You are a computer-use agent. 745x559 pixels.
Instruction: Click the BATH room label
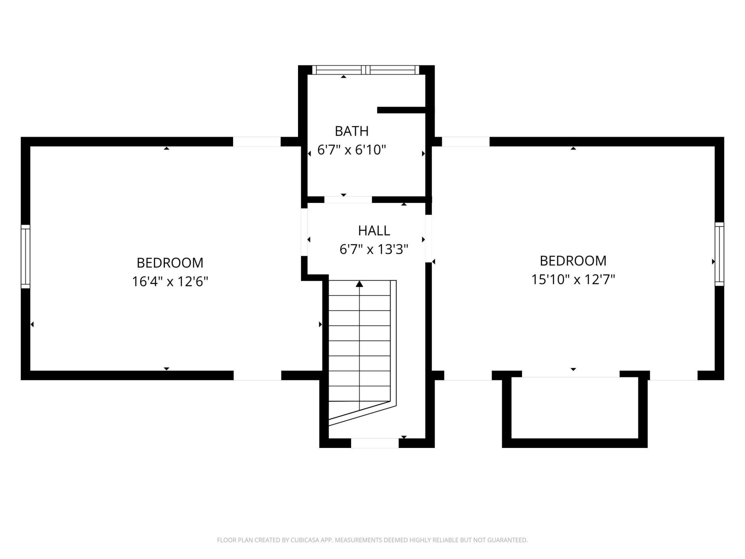352,131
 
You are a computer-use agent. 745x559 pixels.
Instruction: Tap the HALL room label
374,231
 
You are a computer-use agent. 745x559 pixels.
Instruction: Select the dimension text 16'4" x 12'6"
170,281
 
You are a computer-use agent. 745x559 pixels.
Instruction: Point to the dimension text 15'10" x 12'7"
573,279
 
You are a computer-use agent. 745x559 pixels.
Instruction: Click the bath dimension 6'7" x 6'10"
352,149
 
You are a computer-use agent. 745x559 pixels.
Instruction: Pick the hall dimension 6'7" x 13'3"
374,249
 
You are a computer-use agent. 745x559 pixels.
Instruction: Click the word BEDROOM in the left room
170,263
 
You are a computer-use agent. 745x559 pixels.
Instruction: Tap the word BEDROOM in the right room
573,260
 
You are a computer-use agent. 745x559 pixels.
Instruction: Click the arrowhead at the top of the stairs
359,284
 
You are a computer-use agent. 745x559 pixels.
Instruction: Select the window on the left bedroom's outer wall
26,256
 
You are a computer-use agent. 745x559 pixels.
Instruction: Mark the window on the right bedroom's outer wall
719,254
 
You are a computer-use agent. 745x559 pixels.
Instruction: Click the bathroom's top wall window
366,70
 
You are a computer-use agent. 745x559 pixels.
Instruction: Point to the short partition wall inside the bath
402,110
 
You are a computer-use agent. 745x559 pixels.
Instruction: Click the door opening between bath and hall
348,200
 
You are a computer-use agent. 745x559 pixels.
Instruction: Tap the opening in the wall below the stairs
375,443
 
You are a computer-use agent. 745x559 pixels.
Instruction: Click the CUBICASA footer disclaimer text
372,540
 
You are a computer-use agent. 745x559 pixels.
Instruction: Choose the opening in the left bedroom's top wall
257,142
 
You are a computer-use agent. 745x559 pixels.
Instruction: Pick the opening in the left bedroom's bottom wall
257,375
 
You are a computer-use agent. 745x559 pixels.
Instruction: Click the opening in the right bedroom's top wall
466,142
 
